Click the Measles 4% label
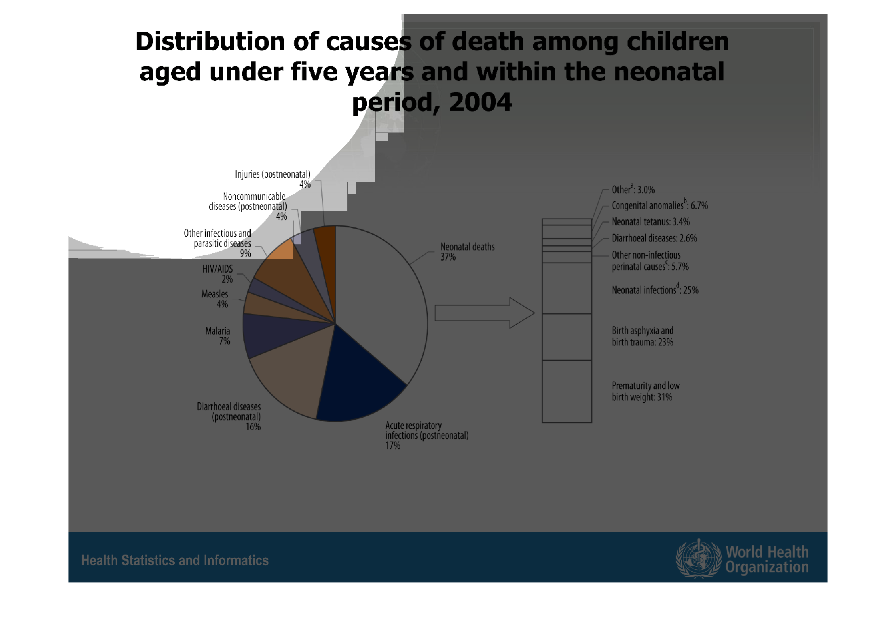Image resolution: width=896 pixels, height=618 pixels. (215, 299)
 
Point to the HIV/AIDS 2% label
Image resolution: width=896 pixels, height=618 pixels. (218, 274)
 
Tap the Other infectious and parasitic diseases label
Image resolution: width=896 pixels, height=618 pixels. (218, 243)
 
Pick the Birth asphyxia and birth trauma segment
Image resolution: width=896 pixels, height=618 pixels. (567, 337)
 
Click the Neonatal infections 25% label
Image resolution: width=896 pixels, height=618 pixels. (655, 290)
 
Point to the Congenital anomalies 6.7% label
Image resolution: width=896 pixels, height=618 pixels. (659, 205)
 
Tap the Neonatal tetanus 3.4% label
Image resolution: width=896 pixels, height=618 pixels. (651, 222)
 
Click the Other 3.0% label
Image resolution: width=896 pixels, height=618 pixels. (633, 189)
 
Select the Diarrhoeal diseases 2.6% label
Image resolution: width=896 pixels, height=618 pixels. (654, 238)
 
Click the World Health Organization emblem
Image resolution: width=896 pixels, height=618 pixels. (699, 558)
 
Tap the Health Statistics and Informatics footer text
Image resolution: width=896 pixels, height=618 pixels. (175, 560)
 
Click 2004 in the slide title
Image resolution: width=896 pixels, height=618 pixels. (480, 102)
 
